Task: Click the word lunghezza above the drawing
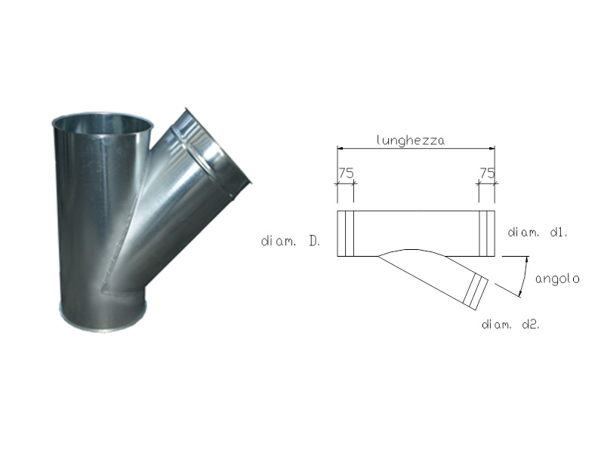click(410, 140)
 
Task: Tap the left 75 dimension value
click(346, 173)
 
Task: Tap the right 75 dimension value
click(487, 173)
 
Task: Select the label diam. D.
click(291, 242)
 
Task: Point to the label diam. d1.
click(538, 233)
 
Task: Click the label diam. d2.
click(511, 325)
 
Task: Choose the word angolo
click(557, 279)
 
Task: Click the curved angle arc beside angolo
click(525, 276)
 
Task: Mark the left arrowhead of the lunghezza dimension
click(340, 148)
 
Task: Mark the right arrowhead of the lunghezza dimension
click(492, 148)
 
